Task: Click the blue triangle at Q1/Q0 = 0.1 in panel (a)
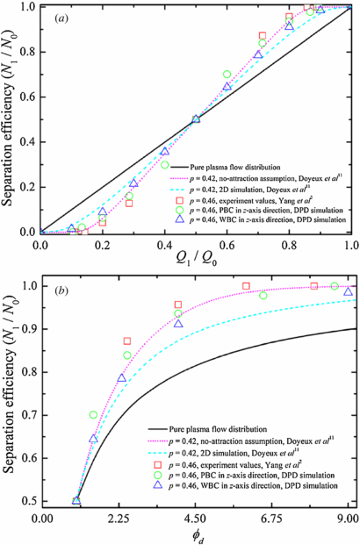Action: [72, 228]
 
